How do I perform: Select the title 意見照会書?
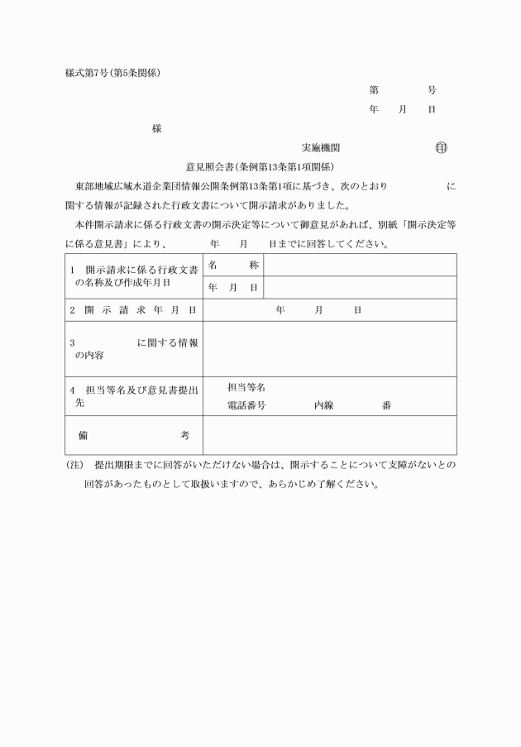pyautogui.click(x=210, y=167)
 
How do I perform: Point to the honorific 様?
pyautogui.click(x=156, y=129)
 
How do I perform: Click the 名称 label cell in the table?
pyautogui.click(x=233, y=265)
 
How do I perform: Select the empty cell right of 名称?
pyautogui.click(x=360, y=265)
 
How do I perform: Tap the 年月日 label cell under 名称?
pyautogui.click(x=233, y=287)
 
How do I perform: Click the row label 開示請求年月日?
pyautogui.click(x=134, y=309)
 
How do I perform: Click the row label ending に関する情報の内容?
pyautogui.click(x=134, y=348)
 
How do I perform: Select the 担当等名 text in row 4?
pyautogui.click(x=246, y=387)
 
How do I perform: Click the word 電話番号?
pyautogui.click(x=246, y=405)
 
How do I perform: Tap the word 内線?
pyautogui.click(x=323, y=405)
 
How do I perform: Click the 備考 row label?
pyautogui.click(x=134, y=434)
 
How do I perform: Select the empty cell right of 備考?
pyautogui.click(x=329, y=434)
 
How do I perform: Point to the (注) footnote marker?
pyautogui.click(x=74, y=465)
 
